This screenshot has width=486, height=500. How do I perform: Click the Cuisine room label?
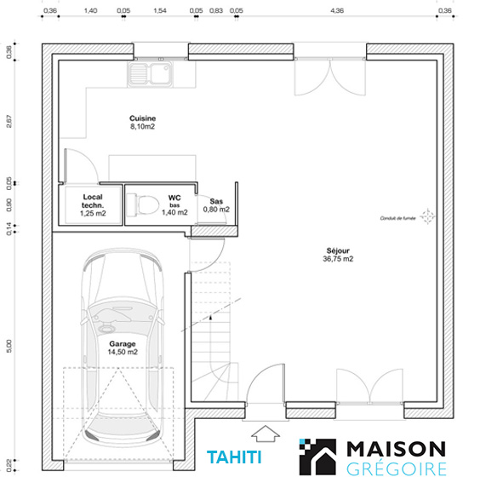click(142, 118)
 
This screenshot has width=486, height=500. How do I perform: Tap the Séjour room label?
click(338, 250)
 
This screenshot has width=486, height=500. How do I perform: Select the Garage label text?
click(123, 344)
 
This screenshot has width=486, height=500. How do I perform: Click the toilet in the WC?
click(143, 204)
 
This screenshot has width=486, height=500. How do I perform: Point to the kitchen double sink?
click(150, 73)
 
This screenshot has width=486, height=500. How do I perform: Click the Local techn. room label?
click(93, 201)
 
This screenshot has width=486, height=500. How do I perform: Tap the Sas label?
click(216, 201)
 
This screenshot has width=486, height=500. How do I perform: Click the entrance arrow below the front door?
click(266, 434)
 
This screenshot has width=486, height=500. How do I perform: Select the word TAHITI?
click(234, 457)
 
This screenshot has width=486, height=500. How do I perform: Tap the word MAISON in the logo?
click(396, 449)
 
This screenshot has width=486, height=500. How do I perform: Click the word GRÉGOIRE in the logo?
click(397, 469)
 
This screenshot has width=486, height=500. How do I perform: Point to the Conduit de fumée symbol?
click(427, 216)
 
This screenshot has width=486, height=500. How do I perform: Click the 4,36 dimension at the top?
click(337, 10)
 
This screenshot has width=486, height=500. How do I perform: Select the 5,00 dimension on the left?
click(9, 347)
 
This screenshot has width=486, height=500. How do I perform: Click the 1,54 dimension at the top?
click(160, 10)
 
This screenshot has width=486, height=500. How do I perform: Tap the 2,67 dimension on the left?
click(9, 121)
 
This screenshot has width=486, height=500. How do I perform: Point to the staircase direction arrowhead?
click(210, 317)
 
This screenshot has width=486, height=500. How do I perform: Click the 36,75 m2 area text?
click(338, 259)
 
